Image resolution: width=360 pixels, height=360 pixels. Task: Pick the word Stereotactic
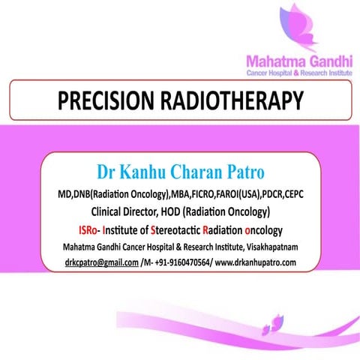click(180, 229)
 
